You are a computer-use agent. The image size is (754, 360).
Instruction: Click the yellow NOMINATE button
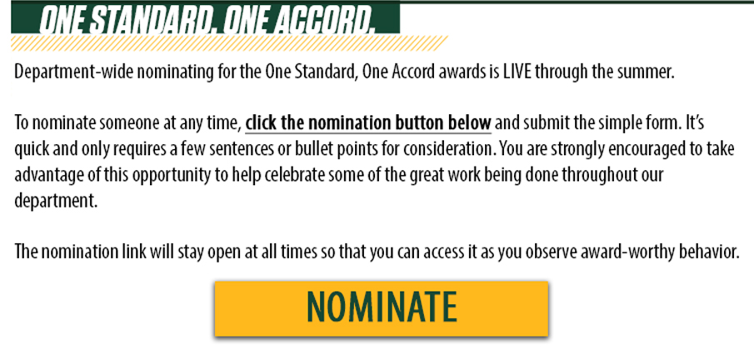click(381, 308)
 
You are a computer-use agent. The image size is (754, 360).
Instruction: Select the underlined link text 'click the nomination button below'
click(368, 123)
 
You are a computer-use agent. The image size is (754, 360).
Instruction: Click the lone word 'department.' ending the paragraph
click(56, 201)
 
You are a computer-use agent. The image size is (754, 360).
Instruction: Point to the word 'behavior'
click(706, 252)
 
